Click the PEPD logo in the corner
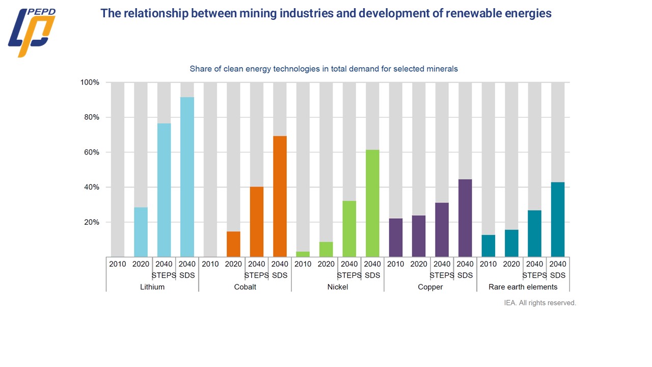click(x=31, y=32)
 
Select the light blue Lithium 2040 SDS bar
click(x=187, y=177)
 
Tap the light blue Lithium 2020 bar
click(x=141, y=232)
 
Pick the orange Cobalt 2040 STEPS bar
click(x=257, y=222)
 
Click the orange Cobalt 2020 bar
click(x=233, y=244)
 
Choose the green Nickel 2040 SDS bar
click(x=372, y=203)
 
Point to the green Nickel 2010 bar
click(x=303, y=254)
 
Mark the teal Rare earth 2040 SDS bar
click(x=558, y=219)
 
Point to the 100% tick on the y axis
click(x=90, y=83)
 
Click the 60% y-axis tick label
click(x=92, y=152)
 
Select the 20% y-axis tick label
click(x=92, y=222)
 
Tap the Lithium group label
click(x=152, y=287)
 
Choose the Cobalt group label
click(x=245, y=287)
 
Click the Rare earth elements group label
click(x=523, y=287)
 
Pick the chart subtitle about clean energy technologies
click(x=323, y=69)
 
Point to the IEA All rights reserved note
click(x=540, y=303)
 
